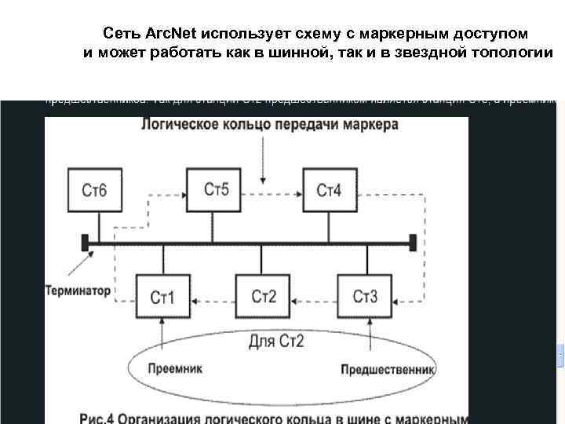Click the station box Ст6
(x=93, y=190)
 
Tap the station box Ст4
(x=329, y=190)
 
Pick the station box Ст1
(x=162, y=297)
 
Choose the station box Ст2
(x=264, y=296)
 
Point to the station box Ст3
(x=365, y=296)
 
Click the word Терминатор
(x=78, y=291)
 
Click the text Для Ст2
(x=276, y=342)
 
